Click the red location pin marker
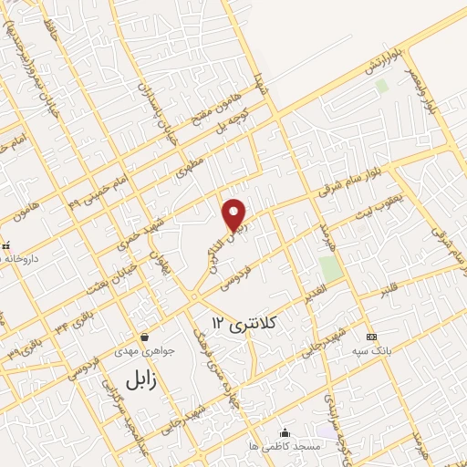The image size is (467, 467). (235, 213)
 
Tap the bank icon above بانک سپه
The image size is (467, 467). (370, 336)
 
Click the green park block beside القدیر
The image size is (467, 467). (331, 268)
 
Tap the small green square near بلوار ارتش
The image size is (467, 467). (381, 86)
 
